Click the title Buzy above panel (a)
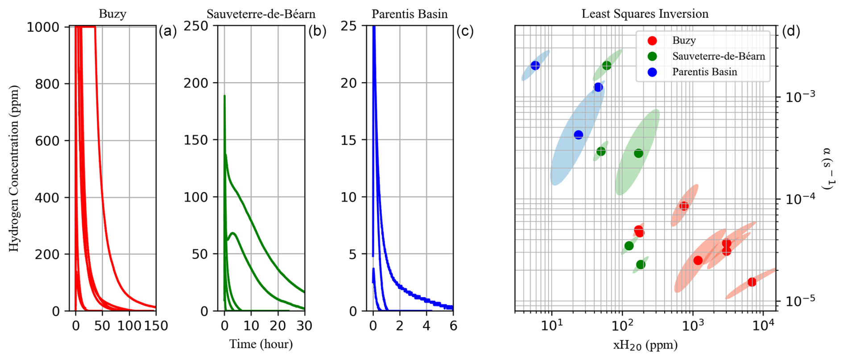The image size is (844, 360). point(112,14)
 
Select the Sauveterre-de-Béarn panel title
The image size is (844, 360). point(261,14)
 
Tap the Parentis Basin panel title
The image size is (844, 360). point(410,14)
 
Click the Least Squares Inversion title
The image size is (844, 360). point(645,14)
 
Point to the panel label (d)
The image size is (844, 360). point(791,31)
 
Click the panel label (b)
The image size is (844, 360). point(317,31)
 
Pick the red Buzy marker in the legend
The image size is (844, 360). point(652,41)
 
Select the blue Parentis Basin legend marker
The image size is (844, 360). point(652,72)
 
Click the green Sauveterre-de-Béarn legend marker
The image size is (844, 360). point(652,56)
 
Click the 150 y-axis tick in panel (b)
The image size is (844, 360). point(196,140)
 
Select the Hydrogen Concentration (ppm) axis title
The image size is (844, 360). point(14,169)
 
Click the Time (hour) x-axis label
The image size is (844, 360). point(261,344)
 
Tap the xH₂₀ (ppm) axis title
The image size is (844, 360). point(645,345)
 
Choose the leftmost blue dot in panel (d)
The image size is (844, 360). point(535,66)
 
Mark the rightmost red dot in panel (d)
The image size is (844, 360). point(752,282)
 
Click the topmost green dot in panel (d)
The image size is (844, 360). point(607,66)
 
